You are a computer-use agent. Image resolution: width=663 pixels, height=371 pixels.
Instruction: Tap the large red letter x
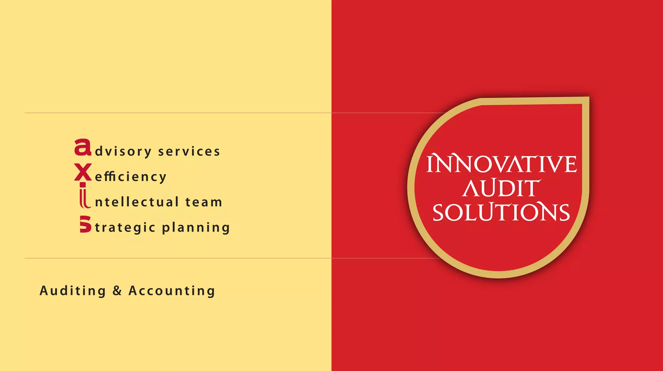click(x=83, y=172)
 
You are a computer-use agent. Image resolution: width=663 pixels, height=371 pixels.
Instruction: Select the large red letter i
click(x=84, y=196)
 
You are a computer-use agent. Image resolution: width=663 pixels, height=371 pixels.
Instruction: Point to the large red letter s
click(x=85, y=224)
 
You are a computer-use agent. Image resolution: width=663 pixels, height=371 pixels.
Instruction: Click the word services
click(x=189, y=152)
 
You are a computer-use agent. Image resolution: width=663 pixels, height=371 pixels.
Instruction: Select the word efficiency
click(x=131, y=177)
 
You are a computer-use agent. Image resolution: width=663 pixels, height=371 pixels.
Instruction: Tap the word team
click(x=204, y=202)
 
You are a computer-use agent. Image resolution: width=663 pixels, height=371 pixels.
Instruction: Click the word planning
click(x=196, y=228)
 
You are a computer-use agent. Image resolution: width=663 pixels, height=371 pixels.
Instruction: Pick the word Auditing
click(x=73, y=291)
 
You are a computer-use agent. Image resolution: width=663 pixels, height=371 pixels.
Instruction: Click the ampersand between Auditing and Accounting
click(x=117, y=291)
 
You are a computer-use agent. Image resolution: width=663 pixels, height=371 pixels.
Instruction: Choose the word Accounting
click(x=172, y=291)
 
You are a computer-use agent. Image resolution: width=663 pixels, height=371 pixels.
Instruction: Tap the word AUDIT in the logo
click(x=501, y=188)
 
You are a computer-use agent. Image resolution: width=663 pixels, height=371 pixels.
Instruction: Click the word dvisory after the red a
click(x=123, y=152)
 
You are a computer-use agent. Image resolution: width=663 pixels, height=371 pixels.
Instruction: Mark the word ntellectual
click(x=137, y=202)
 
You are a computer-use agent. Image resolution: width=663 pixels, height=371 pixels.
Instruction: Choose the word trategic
click(x=125, y=228)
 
